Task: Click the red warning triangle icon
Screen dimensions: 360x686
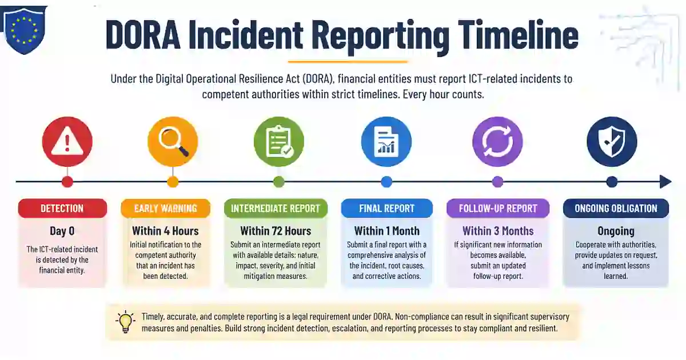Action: (x=67, y=142)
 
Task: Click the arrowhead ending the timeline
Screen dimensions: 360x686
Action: (x=665, y=182)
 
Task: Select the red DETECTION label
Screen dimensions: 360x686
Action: (x=62, y=209)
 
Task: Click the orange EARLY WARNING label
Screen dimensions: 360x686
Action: (x=165, y=209)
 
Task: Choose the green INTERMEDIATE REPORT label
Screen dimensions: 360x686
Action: (x=276, y=209)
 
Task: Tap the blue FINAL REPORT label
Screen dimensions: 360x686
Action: (x=387, y=209)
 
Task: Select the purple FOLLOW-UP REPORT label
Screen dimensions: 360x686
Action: (x=498, y=209)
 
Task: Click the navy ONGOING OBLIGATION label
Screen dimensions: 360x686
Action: (x=616, y=209)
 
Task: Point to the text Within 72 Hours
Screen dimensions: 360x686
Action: (x=276, y=231)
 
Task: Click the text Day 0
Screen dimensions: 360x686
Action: (x=62, y=231)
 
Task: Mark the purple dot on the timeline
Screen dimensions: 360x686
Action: (x=497, y=182)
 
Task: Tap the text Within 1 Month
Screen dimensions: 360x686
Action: (x=387, y=231)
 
